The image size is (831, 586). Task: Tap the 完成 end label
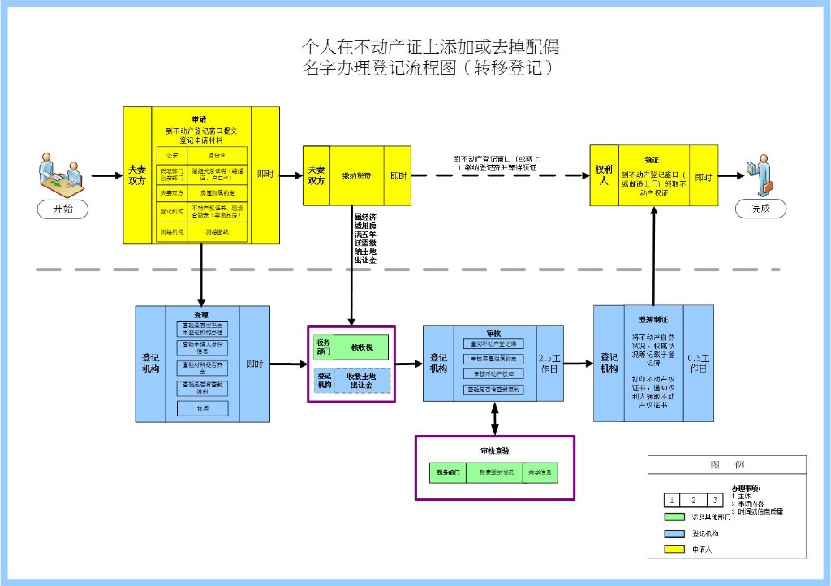point(760,209)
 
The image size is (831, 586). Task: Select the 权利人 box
point(603,175)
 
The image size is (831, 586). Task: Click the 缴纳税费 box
point(356,175)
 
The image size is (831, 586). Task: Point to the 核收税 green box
point(361,347)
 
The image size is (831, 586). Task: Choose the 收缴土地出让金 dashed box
point(361,380)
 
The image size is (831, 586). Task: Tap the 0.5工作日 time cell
point(699,363)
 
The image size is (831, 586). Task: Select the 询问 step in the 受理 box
point(202,407)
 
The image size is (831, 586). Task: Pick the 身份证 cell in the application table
point(217,154)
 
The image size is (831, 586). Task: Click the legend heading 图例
point(726,465)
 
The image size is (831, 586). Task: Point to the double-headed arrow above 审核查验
point(494,418)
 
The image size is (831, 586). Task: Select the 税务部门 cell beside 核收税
point(323,347)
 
